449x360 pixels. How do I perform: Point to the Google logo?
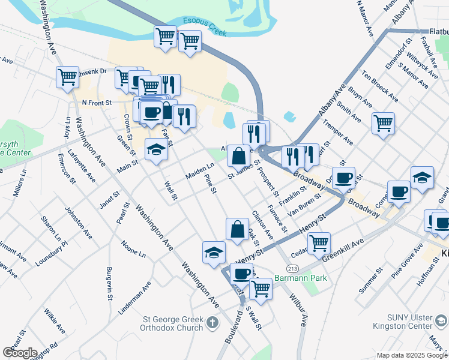click(x=20, y=353)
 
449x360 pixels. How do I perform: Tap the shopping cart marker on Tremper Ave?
click(x=383, y=124)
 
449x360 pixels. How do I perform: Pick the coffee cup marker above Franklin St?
click(x=343, y=178)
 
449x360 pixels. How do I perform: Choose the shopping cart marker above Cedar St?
click(x=319, y=243)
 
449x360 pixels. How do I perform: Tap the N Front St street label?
click(x=97, y=103)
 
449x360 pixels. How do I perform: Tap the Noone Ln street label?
click(x=133, y=250)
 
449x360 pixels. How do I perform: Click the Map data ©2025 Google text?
click(x=412, y=355)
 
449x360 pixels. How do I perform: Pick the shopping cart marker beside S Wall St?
click(x=261, y=289)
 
